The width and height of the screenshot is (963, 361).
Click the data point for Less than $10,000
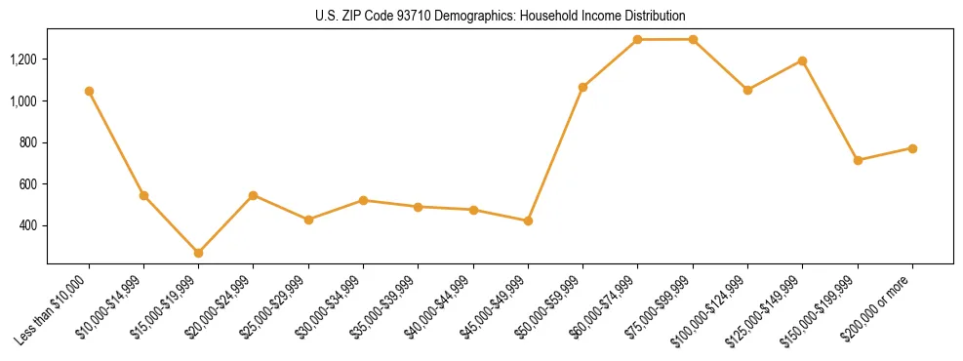(x=89, y=91)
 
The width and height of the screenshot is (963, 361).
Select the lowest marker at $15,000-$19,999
(x=198, y=253)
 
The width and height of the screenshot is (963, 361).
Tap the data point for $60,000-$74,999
(x=637, y=40)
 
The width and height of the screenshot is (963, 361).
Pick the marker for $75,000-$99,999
(x=693, y=40)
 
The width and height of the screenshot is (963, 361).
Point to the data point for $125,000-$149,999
(x=802, y=60)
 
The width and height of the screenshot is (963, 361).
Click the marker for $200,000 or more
(x=912, y=148)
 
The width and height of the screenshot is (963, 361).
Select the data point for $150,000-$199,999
(x=858, y=160)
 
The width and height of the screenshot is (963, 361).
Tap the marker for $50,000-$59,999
(x=582, y=87)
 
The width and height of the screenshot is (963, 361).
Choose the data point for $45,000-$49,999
(x=528, y=221)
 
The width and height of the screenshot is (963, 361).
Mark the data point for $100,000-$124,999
(x=747, y=90)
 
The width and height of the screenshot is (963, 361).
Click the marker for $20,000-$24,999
(x=253, y=195)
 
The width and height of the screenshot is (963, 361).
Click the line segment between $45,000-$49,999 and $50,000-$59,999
(x=555, y=154)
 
